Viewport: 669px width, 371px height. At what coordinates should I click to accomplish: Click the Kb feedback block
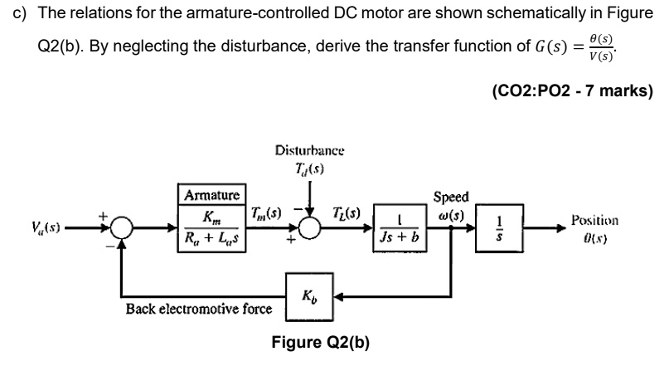[x=309, y=295]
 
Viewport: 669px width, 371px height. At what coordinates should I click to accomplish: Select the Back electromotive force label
[x=199, y=309]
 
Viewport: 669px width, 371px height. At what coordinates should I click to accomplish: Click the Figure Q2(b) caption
[x=321, y=343]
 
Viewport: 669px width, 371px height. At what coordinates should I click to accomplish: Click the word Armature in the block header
[x=211, y=196]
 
